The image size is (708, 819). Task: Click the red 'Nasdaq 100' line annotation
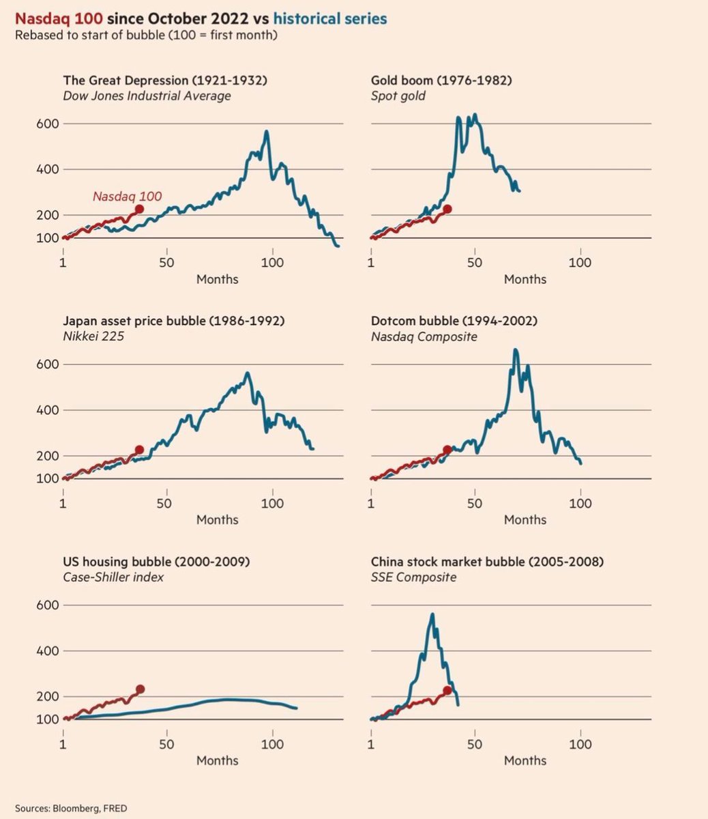coord(127,197)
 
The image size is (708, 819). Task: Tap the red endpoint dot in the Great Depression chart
coord(139,210)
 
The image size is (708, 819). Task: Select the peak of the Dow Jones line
coord(267,131)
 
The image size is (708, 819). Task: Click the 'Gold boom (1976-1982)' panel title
coord(441,81)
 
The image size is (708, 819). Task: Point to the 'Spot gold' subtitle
coord(398,96)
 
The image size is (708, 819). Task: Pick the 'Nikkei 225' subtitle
coord(93,336)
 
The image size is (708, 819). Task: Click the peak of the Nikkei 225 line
coord(248,373)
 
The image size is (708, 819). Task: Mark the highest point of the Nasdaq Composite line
coord(516,349)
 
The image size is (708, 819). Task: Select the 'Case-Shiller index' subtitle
coord(113,577)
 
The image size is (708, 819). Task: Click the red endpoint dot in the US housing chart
coord(141,689)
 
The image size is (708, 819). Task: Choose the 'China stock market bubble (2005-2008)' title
coord(487,562)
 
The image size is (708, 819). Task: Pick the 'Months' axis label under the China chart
coord(525,760)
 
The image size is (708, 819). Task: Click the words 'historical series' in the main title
coord(330,19)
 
